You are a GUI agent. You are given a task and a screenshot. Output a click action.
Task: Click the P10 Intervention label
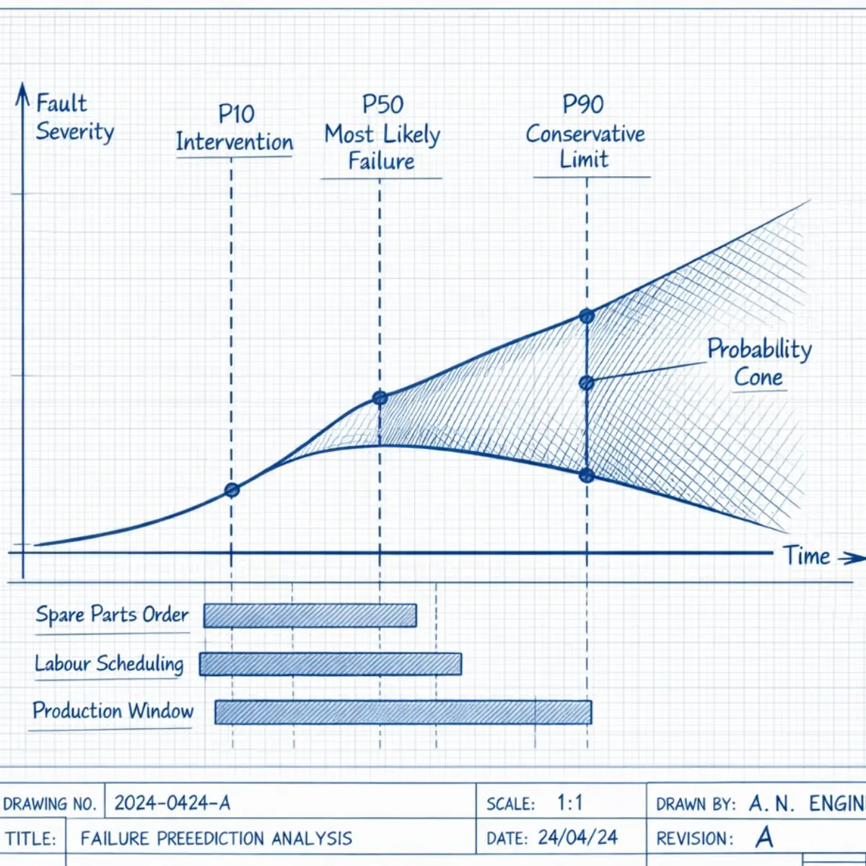coord(235,128)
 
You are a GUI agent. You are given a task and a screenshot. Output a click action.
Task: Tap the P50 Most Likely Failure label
coord(382,134)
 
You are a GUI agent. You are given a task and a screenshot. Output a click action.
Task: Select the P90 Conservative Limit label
coord(585,133)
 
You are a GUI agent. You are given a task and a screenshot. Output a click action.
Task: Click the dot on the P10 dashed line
coord(232,491)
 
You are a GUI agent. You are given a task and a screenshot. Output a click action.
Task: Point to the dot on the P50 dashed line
coord(380,398)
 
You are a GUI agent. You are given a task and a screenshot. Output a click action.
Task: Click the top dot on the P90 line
coord(587,316)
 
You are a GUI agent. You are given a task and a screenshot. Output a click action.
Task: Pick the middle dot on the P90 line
coord(587,383)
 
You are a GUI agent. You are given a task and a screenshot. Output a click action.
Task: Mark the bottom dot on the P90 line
coord(587,476)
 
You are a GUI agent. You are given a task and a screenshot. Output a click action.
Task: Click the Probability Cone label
coord(759,363)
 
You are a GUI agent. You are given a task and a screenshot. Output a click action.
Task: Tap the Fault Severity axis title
coord(74,118)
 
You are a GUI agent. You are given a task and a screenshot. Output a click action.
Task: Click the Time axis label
coord(807,556)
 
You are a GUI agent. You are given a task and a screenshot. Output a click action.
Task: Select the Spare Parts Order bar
coord(310,616)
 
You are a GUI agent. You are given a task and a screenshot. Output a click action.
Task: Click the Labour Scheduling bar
coord(331,664)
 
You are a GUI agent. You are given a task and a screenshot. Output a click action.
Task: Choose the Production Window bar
coord(403,712)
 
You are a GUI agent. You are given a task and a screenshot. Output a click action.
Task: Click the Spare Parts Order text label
coord(112,615)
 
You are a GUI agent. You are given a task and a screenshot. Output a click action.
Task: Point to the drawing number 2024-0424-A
coord(172,802)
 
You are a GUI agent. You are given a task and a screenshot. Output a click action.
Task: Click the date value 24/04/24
coord(578,837)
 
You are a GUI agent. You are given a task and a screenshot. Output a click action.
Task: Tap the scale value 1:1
coord(570,802)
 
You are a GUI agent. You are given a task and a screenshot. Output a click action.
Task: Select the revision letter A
coord(764,837)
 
